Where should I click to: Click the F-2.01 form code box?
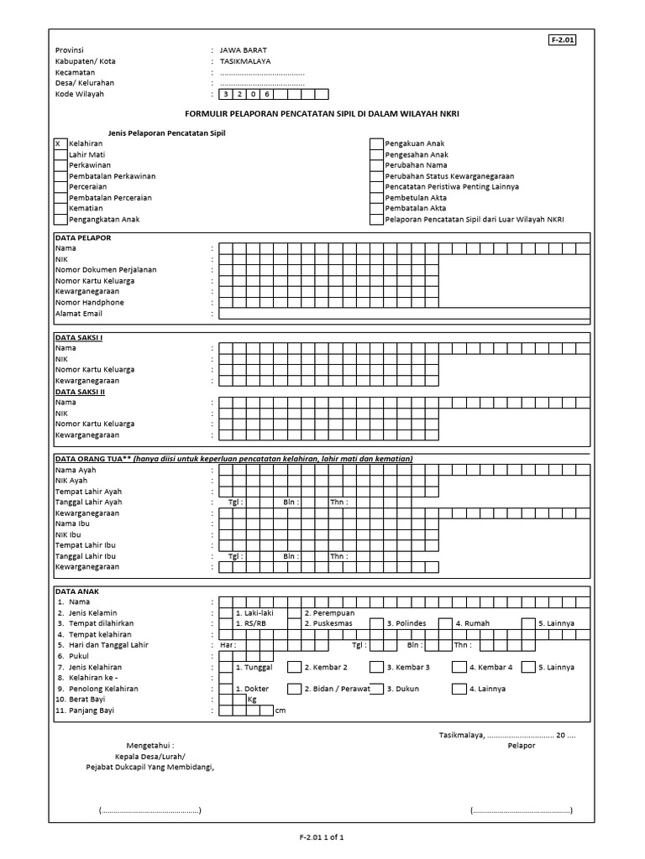pos(564,39)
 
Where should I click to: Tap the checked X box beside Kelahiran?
pos(60,143)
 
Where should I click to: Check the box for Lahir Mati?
pos(60,154)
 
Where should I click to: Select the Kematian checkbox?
pos(60,208)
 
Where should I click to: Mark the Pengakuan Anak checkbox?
pos(376,143)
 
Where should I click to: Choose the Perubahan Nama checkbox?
pos(376,165)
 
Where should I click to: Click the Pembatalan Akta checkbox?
pos(376,208)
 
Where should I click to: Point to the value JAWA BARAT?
pos(240,50)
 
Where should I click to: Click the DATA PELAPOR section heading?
pos(83,238)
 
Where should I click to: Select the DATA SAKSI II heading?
pos(81,392)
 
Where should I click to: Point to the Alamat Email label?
pos(78,313)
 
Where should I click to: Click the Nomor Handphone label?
pos(89,302)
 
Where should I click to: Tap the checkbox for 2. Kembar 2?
pos(294,668)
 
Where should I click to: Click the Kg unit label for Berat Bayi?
pos(252,700)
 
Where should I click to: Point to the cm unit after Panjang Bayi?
pos(281,711)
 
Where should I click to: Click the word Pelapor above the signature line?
pos(521,745)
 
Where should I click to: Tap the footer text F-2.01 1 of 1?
pos(322,837)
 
